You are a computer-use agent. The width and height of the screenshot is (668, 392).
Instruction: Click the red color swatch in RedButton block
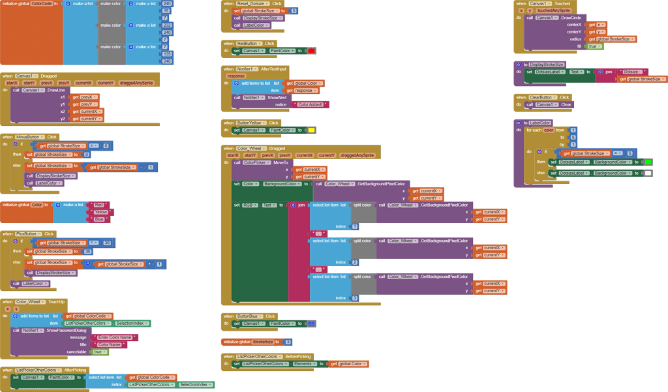click(311, 51)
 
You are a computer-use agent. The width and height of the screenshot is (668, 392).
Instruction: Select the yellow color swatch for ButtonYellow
click(311, 130)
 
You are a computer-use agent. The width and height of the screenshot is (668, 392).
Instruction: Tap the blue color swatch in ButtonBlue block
click(311, 324)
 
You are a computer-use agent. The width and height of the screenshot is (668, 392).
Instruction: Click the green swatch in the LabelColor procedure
click(648, 162)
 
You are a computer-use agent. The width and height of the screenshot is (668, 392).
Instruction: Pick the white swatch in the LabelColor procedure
click(648, 173)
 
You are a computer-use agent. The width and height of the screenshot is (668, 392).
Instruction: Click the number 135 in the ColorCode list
click(167, 54)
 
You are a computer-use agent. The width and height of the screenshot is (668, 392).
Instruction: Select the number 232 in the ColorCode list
click(167, 25)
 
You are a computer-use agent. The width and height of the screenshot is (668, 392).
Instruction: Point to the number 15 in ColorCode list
click(166, 11)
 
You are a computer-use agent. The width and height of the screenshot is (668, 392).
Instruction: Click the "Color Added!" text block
click(312, 104)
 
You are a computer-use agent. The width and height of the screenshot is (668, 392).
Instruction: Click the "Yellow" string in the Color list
click(100, 212)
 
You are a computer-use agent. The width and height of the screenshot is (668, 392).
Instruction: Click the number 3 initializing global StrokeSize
click(288, 342)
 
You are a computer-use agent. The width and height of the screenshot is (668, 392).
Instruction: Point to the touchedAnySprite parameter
click(553, 10)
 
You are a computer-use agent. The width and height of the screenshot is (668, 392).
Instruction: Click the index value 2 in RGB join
click(355, 262)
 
